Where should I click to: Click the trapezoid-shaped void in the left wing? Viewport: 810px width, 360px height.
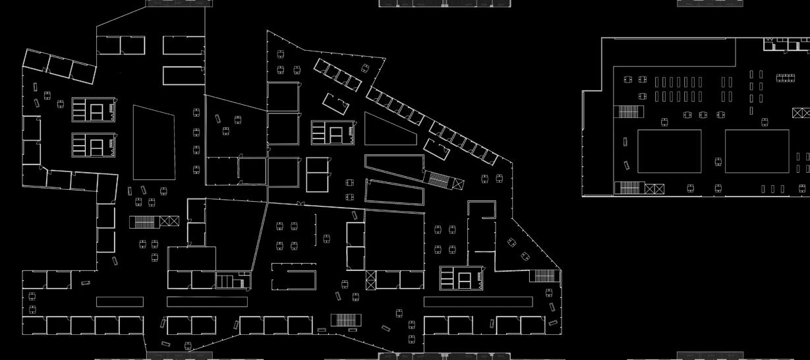(154, 142)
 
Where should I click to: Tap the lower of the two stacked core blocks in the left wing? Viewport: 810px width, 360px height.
(93, 144)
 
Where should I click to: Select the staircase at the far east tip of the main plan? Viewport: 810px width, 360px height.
(542, 276)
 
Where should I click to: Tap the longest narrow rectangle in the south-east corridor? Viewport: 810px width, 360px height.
(478, 302)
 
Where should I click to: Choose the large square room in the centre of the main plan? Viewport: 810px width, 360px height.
(394, 239)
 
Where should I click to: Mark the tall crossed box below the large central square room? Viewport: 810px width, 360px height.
(370, 280)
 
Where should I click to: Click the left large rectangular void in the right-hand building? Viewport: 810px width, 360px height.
(669, 151)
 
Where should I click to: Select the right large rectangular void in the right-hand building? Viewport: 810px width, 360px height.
(757, 151)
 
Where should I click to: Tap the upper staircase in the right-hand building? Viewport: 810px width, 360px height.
(628, 111)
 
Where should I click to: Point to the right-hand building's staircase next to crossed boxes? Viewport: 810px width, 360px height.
(629, 189)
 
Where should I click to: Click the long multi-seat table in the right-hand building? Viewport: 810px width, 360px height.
(785, 78)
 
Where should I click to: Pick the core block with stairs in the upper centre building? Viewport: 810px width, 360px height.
(333, 133)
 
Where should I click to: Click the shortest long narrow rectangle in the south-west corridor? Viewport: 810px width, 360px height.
(119, 302)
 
